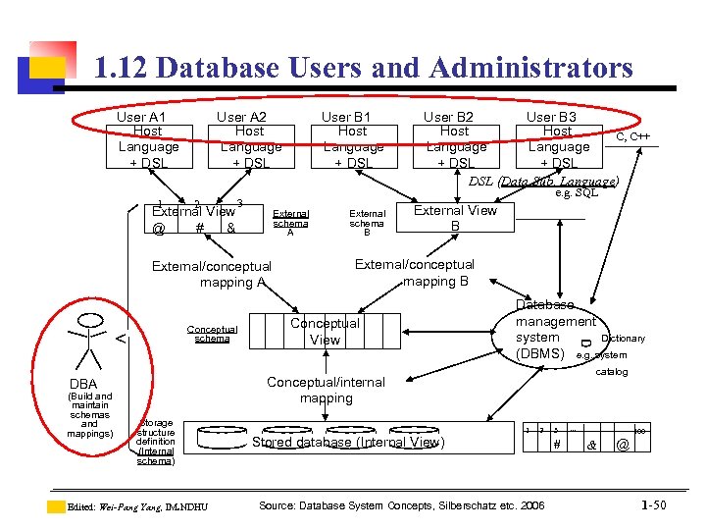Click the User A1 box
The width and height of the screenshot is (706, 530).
(147, 139)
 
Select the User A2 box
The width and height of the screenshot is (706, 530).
(250, 139)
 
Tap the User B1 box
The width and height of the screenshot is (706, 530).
(352, 139)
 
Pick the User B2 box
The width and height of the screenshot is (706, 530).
(454, 139)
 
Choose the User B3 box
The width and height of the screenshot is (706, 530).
(557, 139)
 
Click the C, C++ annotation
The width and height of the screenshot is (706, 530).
(633, 136)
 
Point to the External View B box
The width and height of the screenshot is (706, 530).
(455, 218)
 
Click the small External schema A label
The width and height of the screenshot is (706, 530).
(290, 223)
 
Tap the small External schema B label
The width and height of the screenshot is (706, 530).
(368, 223)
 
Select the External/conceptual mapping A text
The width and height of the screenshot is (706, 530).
(212, 274)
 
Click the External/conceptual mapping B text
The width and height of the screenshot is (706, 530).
(414, 272)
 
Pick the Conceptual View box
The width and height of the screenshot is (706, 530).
(325, 331)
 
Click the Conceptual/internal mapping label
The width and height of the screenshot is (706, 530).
(326, 390)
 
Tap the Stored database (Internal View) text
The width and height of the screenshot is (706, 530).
(348, 443)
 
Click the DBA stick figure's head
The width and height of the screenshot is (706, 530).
(91, 321)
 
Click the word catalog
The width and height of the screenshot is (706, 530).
(613, 372)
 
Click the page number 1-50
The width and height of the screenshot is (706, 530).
(654, 505)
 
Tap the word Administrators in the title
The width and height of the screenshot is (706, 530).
(525, 68)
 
